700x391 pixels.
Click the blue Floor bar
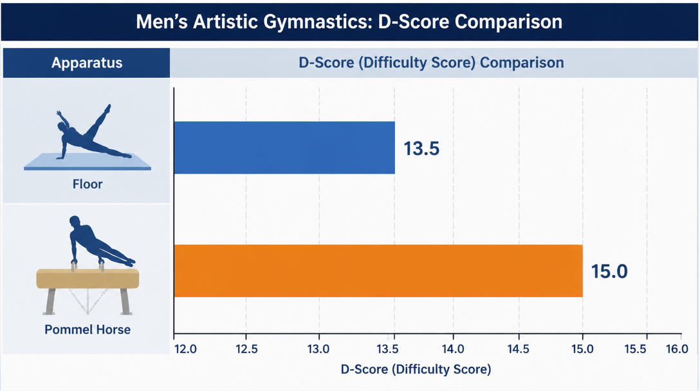pos(284,148)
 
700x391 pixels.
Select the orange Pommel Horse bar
pos(378,271)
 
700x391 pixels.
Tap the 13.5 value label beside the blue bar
pos(421,149)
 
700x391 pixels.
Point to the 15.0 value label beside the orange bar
pos(609,271)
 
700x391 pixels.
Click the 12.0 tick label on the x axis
pos(185,349)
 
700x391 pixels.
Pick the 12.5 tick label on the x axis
pos(246,349)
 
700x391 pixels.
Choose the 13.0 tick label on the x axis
pos(318,349)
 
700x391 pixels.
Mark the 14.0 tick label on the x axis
pos(453,349)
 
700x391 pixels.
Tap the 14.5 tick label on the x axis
pos(519,349)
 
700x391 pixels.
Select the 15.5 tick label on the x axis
pos(635,349)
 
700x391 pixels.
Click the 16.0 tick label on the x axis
pos(677,349)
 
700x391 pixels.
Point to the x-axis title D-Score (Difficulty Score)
pos(416,370)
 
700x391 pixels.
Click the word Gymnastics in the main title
pos(317,22)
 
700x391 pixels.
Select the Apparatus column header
pos(87,63)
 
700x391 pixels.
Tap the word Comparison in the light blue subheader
pos(522,63)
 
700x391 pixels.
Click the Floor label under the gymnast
pos(87,184)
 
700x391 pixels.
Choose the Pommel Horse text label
pos(87,330)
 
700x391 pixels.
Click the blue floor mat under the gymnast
pos(87,161)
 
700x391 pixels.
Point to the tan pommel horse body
pos(87,278)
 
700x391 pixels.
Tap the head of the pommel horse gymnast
pos(75,222)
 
